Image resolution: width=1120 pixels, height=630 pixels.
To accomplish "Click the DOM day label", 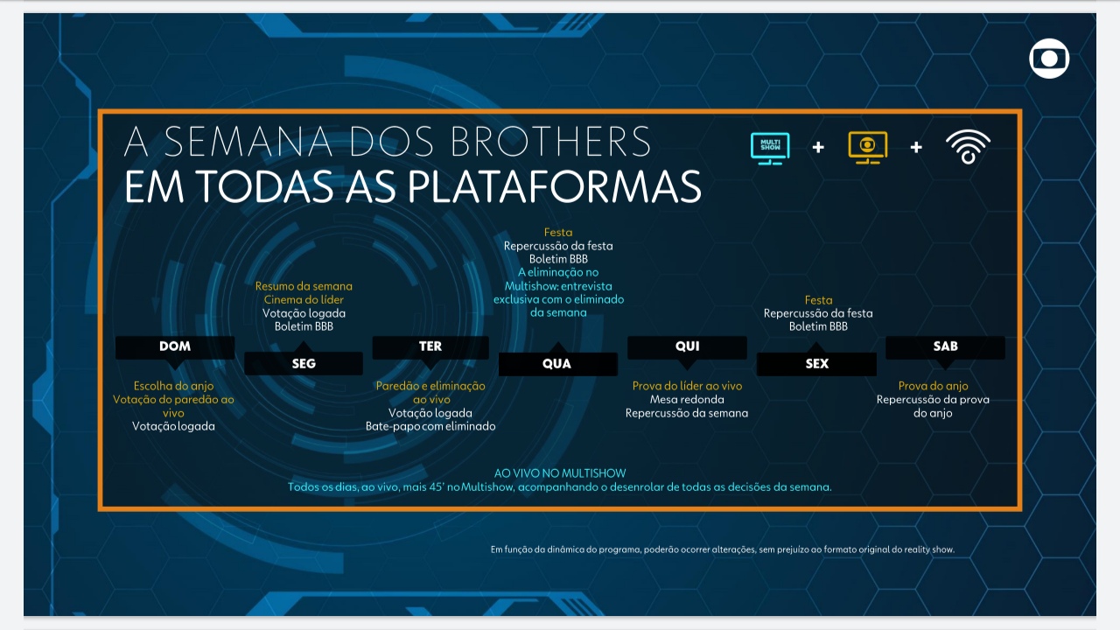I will [175, 346].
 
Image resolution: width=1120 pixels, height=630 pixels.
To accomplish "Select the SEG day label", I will [304, 364].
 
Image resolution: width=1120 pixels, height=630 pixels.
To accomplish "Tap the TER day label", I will [430, 346].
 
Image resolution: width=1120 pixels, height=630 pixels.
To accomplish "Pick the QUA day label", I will [556, 364].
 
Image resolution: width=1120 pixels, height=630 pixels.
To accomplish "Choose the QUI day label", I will [687, 346].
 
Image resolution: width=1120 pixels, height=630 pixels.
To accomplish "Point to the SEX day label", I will [816, 364].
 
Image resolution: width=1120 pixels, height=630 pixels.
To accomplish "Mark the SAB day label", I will [945, 346].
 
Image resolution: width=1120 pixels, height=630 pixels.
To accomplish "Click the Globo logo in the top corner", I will [1049, 59].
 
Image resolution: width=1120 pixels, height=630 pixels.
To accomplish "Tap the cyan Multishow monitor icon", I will [770, 147].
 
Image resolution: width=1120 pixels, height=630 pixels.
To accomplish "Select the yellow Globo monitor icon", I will [867, 147].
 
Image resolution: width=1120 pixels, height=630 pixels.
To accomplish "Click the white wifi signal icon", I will [968, 147].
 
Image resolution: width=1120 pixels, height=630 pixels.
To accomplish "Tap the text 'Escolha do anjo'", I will [173, 386].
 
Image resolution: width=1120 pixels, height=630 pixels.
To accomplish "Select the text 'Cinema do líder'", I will [304, 300].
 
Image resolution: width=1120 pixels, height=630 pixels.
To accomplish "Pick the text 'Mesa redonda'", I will [687, 400].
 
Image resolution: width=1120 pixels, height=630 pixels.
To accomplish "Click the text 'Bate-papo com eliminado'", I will [430, 426].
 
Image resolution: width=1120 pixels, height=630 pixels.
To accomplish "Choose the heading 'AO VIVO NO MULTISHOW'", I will [560, 473].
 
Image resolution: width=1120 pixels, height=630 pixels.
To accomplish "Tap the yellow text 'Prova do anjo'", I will [933, 386].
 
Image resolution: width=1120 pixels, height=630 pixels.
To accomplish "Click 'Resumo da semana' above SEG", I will [304, 286].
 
